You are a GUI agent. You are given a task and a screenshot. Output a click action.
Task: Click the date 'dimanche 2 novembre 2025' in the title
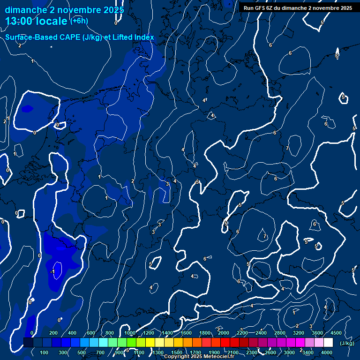65,10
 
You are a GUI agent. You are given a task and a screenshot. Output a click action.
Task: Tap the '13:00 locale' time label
37,21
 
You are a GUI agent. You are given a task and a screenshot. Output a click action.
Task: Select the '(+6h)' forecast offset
79,21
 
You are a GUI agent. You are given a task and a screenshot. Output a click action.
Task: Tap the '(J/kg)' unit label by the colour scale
347,343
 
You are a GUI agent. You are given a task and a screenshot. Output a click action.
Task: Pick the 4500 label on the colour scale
336,333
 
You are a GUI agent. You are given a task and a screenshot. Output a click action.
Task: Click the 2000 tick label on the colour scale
224,333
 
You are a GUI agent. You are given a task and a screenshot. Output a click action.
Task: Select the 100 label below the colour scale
45,352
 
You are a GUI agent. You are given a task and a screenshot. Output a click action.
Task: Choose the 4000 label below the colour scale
327,352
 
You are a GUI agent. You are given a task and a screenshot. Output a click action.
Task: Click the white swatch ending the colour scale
328,343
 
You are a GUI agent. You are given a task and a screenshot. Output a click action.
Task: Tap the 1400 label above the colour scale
167,333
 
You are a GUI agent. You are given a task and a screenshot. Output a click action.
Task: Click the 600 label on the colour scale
90,333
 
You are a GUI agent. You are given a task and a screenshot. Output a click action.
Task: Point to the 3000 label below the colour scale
289,352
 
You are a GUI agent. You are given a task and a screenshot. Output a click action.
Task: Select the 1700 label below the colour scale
195,352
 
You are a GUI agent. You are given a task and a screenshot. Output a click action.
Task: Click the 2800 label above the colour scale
280,333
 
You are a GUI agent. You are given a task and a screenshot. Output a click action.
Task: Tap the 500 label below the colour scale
82,352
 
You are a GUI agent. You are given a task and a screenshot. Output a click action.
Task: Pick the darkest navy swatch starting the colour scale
28,343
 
